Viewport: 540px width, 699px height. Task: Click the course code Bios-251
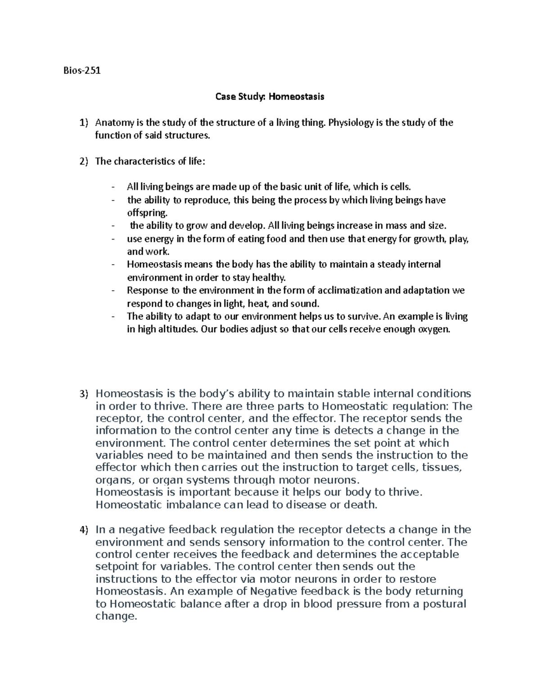point(82,71)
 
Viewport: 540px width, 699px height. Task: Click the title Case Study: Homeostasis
point(270,97)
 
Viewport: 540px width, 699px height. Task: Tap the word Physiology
point(351,123)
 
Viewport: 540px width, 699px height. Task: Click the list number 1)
point(84,123)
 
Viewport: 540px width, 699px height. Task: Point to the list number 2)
point(84,162)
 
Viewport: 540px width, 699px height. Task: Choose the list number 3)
point(84,394)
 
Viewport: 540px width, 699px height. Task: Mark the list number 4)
point(84,530)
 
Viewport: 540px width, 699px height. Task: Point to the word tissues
point(443,467)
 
